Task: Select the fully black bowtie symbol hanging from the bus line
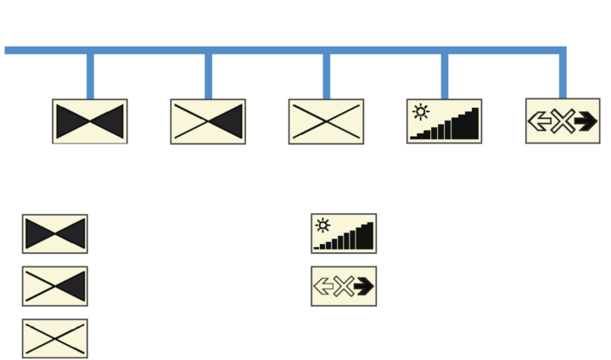pos(90,121)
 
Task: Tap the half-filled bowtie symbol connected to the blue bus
pos(208,121)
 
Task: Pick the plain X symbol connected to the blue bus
pos(327,121)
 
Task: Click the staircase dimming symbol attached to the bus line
pos(446,121)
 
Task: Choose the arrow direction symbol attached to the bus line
pos(563,121)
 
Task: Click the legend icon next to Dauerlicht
pos(55,233)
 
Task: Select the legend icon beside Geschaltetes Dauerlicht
pos(55,286)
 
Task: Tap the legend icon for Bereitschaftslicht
pos(55,338)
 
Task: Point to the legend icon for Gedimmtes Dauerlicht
pos(344,233)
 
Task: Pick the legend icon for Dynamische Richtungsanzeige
pos(344,286)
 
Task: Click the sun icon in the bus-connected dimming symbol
pos(419,110)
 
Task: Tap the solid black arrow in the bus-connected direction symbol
pos(584,121)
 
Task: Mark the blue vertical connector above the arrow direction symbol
pos(563,76)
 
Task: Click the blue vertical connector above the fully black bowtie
pos(90,76)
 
